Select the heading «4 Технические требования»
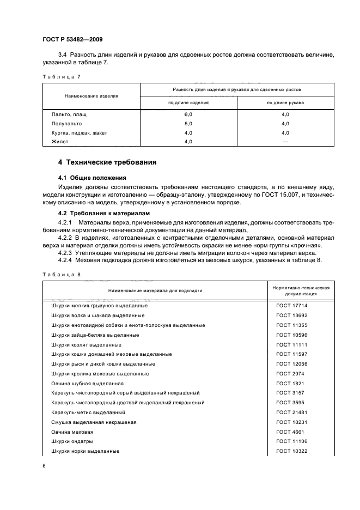(107, 162)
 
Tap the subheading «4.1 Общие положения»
(92, 178)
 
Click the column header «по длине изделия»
(188, 102)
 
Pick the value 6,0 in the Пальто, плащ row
(188, 115)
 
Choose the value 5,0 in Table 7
(188, 124)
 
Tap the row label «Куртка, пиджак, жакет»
(80, 132)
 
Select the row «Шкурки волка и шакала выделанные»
(97, 315)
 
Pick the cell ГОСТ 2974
(290, 374)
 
